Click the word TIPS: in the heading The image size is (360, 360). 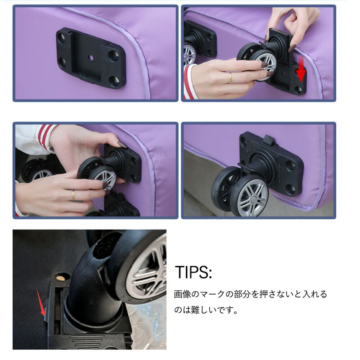193,272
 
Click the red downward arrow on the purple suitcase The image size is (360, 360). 301,70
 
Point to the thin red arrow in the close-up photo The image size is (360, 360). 40,302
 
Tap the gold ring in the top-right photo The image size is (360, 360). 230,77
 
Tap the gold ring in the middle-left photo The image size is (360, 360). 73,195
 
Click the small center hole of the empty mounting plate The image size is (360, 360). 91,58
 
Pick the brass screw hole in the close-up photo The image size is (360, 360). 61,278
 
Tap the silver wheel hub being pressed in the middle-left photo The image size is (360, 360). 106,177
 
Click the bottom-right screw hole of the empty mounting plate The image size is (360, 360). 114,81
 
